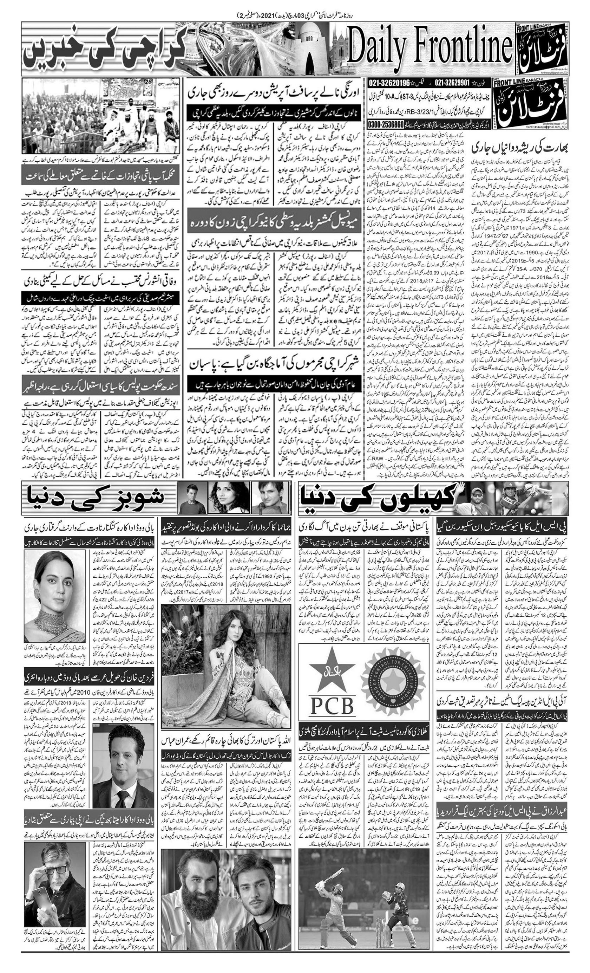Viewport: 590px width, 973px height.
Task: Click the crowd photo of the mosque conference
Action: [x=101, y=117]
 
